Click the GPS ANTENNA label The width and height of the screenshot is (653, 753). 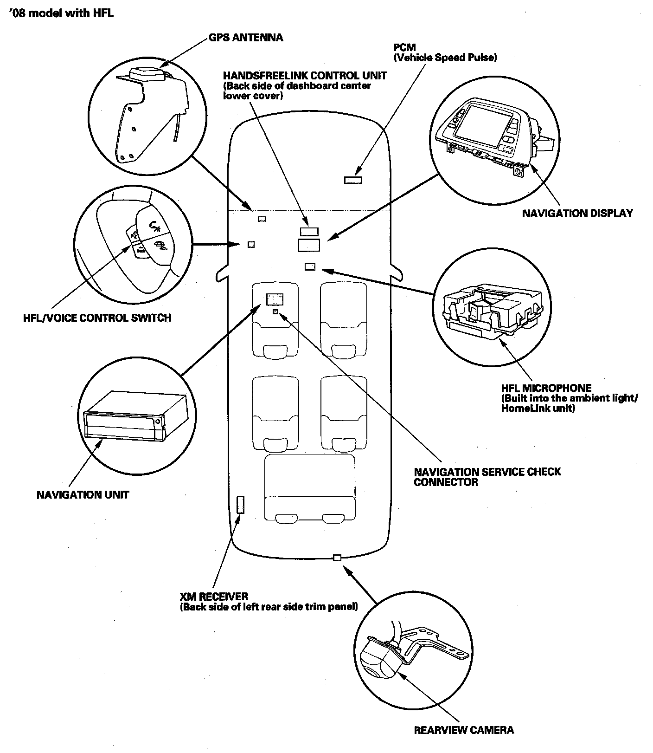click(x=245, y=38)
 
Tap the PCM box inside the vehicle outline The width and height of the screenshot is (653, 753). click(x=353, y=180)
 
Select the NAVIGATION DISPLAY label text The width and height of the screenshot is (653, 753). click(x=577, y=213)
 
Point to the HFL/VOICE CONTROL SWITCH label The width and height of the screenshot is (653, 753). click(x=97, y=318)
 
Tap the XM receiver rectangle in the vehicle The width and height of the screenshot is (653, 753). click(x=240, y=504)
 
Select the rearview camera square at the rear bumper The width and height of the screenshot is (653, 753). click(x=338, y=558)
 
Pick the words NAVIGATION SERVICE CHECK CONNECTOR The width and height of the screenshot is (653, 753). click(x=487, y=477)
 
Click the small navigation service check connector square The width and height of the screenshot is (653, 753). click(x=275, y=312)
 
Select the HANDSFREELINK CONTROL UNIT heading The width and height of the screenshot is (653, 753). click(x=305, y=75)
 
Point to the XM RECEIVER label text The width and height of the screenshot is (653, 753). click(x=214, y=597)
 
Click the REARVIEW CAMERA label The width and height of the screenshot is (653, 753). click(x=463, y=730)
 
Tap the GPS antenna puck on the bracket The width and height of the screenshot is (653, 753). click(x=144, y=74)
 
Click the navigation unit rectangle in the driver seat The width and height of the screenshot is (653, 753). click(x=275, y=299)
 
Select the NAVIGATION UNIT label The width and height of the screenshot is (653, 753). click(x=83, y=495)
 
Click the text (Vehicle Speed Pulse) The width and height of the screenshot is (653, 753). click(x=445, y=58)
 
